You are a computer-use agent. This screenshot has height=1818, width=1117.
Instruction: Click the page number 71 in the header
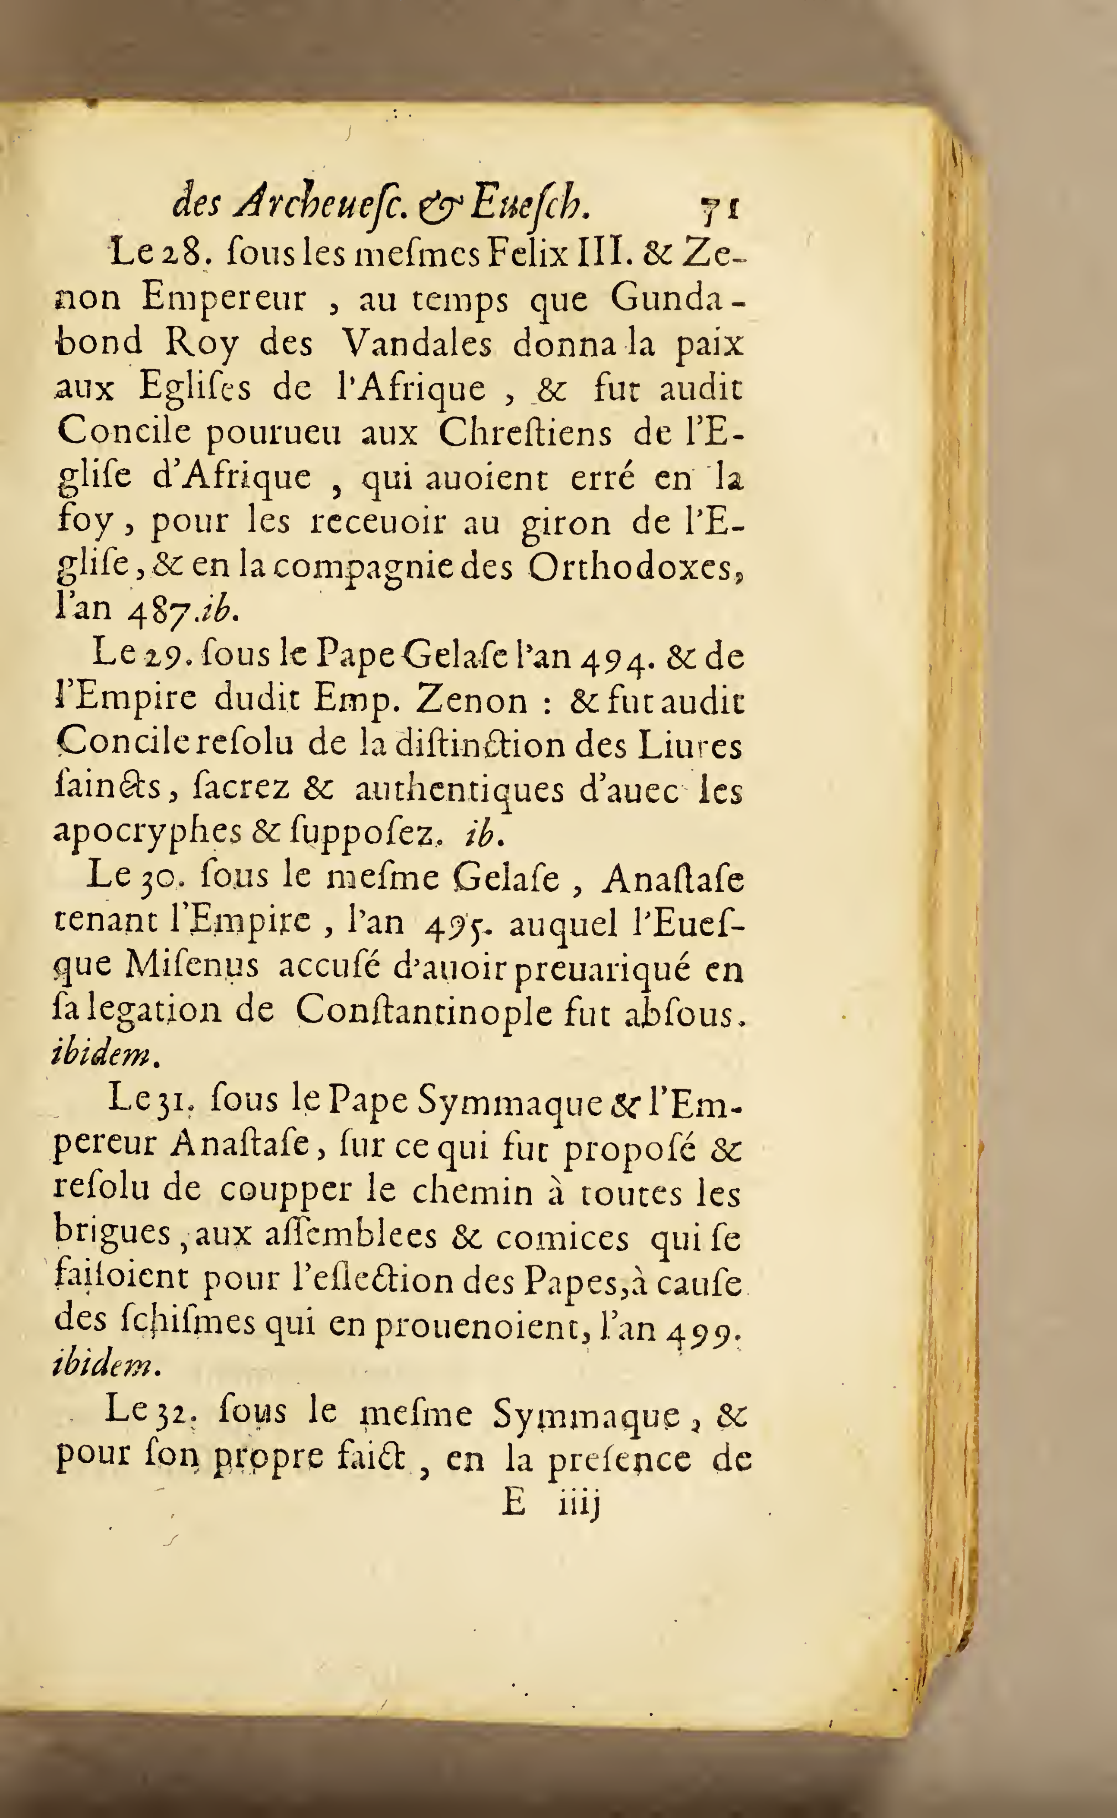point(722,208)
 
